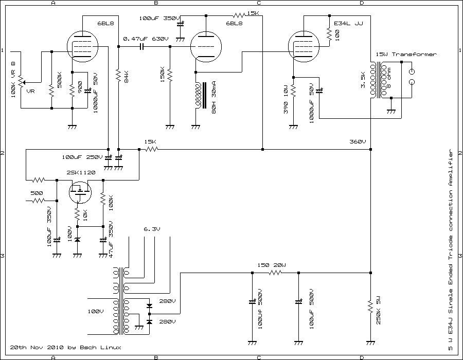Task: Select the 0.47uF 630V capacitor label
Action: pos(146,39)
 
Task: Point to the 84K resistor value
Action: pos(126,77)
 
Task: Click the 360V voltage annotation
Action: pos(357,141)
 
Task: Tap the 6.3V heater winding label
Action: pos(153,229)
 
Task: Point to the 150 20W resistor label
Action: pos(271,265)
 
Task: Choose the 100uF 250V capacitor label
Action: pos(82,156)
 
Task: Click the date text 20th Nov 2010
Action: pos(36,347)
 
